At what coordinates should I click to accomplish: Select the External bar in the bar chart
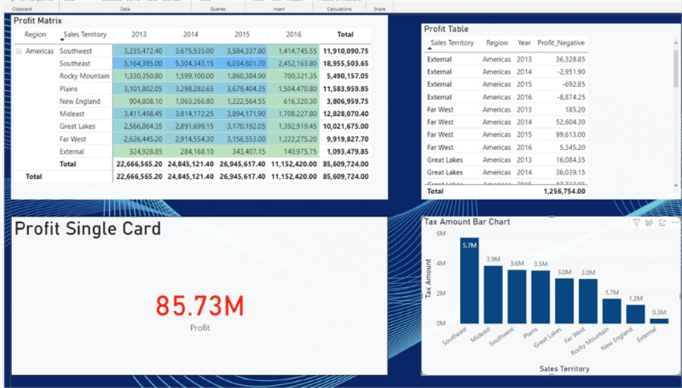pyautogui.click(x=659, y=321)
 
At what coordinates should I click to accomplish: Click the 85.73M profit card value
pyautogui.click(x=200, y=305)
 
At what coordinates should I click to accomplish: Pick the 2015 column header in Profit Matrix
pyautogui.click(x=242, y=35)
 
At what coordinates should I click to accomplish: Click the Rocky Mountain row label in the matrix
pyautogui.click(x=85, y=76)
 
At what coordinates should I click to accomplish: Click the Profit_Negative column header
pyautogui.click(x=561, y=43)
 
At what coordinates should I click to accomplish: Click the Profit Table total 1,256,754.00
pyautogui.click(x=564, y=192)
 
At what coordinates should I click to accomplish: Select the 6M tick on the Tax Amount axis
pyautogui.click(x=440, y=234)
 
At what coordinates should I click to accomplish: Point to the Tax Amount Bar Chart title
pyautogui.click(x=467, y=222)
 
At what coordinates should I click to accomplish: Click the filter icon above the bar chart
pyautogui.click(x=637, y=223)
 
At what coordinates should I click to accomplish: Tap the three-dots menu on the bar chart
pyautogui.click(x=675, y=223)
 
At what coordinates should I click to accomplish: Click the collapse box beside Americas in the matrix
pyautogui.click(x=18, y=52)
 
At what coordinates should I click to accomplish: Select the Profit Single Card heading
pyautogui.click(x=87, y=229)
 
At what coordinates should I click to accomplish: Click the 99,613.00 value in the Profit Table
pyautogui.click(x=569, y=135)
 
